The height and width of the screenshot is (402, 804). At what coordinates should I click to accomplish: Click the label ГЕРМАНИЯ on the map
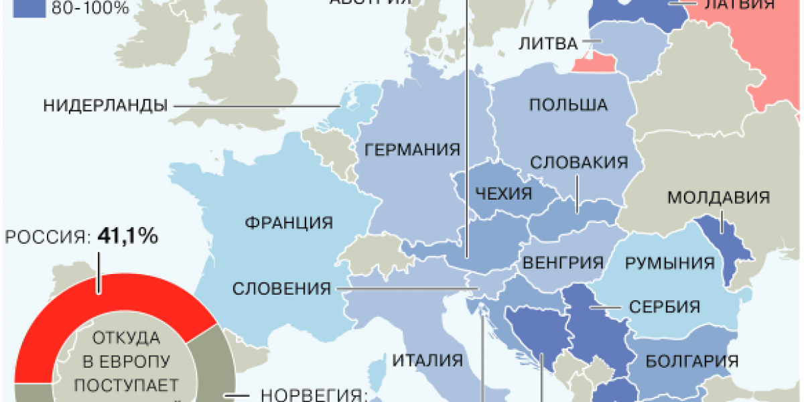413,149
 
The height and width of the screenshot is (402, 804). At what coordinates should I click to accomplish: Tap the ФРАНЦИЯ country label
289,222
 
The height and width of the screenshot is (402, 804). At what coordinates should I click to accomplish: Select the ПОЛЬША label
568,105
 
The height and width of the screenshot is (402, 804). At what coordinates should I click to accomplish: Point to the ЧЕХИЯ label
503,194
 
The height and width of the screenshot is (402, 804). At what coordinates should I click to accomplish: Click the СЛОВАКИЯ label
579,163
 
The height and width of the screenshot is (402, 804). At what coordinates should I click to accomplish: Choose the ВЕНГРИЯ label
563,262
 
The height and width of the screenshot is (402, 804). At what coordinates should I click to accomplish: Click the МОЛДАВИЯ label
718,198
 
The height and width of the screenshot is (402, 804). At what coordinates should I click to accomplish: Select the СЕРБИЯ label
665,308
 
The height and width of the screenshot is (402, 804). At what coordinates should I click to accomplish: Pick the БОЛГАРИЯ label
692,362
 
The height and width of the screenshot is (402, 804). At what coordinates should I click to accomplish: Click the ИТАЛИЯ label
427,360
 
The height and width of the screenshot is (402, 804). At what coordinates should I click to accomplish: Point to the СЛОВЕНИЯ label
282,289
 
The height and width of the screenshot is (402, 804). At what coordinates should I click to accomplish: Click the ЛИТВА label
548,44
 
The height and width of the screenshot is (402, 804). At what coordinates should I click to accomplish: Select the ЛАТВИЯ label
740,5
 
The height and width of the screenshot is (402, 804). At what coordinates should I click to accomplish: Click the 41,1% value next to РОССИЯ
127,236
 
